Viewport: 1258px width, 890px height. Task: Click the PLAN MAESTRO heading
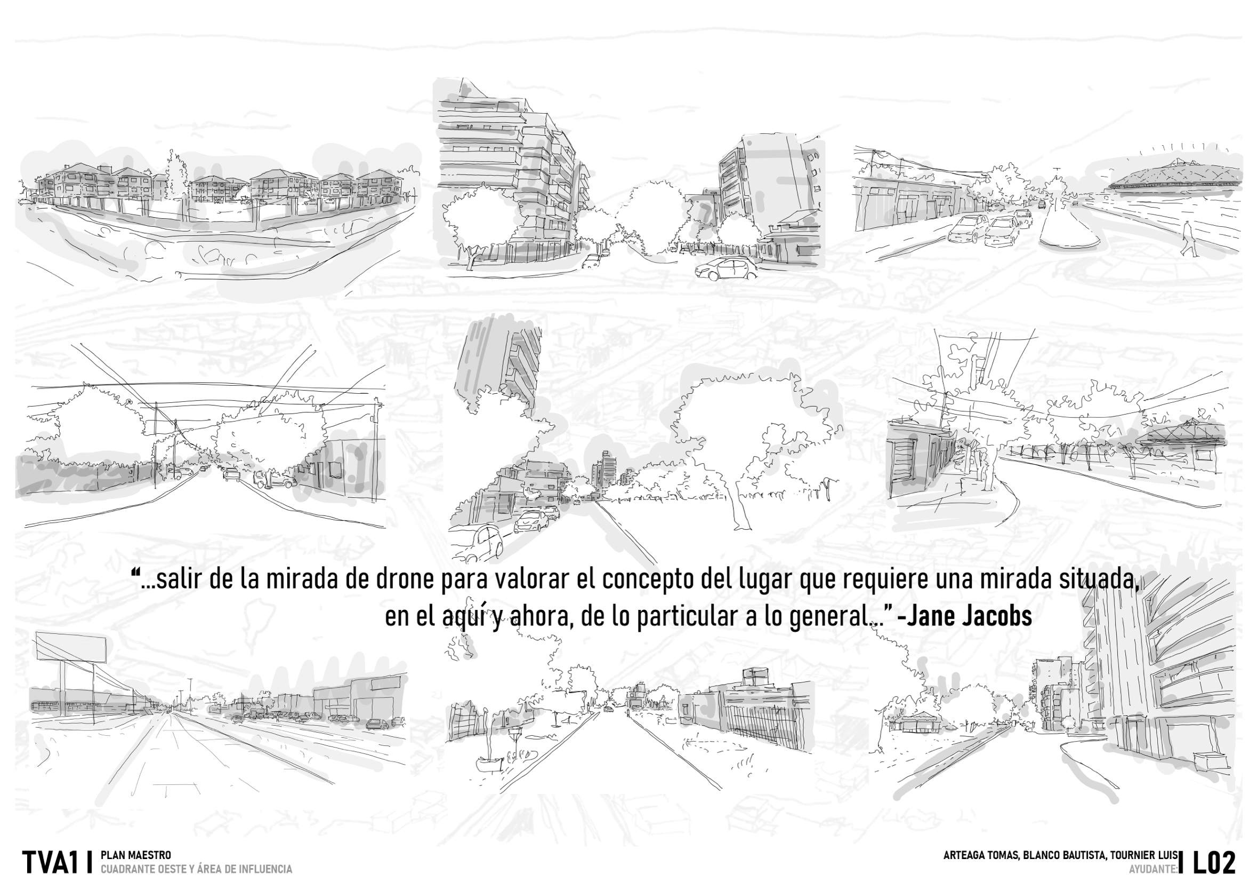(x=136, y=855)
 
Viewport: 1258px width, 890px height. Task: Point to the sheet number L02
(x=1214, y=863)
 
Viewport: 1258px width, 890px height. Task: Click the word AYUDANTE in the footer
(x=1152, y=869)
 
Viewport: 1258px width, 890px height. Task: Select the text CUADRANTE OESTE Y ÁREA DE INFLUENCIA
(x=196, y=869)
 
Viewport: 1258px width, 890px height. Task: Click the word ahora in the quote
(x=534, y=617)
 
